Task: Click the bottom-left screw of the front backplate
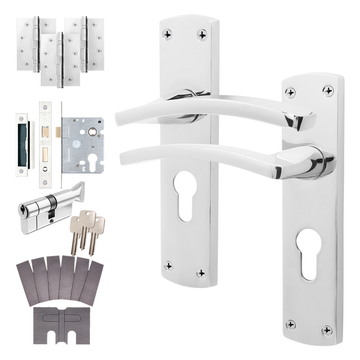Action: (290, 324)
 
